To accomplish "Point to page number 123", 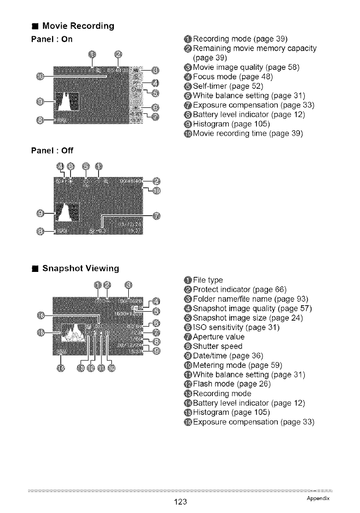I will pos(180,502).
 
